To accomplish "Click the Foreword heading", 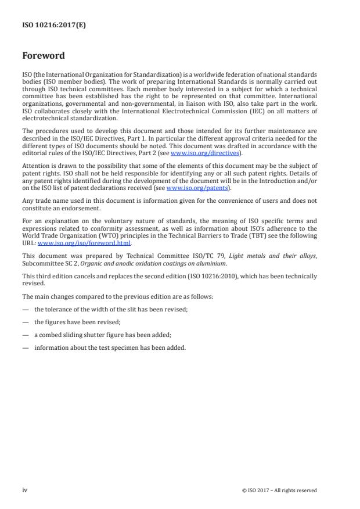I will tap(44, 56).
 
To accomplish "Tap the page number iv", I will tap(25, 490).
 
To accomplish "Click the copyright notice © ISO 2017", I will tap(279, 490).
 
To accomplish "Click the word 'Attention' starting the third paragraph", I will tap(35, 165).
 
